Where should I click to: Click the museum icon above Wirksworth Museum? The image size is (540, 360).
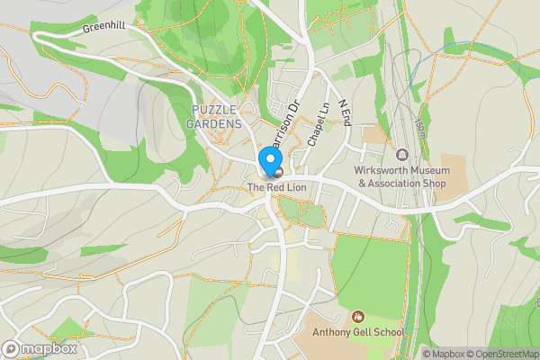coord(401,155)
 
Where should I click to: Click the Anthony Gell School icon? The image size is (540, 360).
coord(358,316)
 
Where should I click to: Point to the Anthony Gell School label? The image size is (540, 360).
coord(358,332)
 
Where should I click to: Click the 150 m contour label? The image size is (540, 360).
coord(418,119)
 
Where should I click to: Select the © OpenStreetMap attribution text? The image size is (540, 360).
coord(501,354)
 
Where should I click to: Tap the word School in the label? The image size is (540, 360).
coord(387,332)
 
